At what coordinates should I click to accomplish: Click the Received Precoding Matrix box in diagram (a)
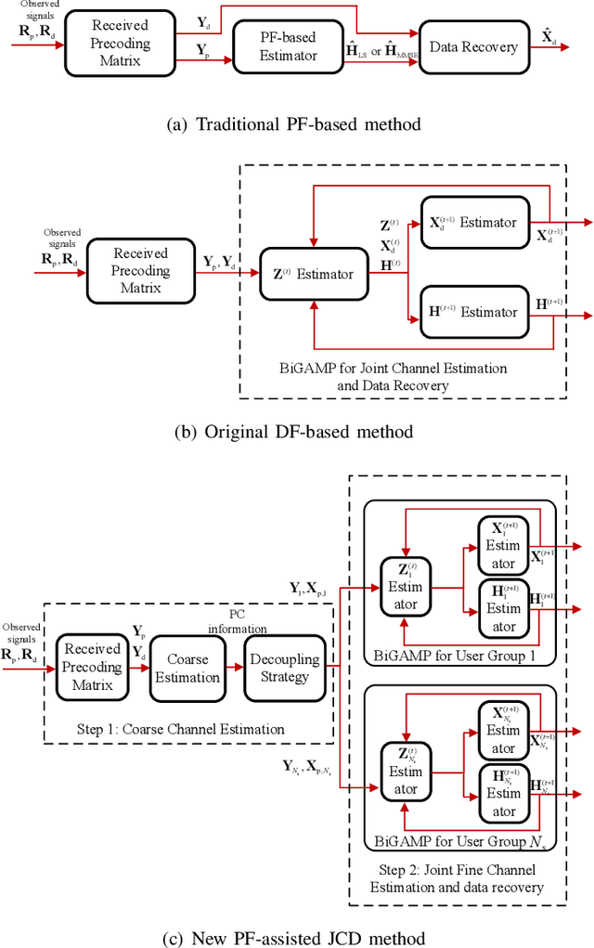[120, 43]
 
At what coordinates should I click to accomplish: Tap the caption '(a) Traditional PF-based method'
[296, 124]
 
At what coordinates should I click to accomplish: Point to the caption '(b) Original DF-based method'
[296, 431]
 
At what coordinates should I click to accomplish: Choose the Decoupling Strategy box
[283, 669]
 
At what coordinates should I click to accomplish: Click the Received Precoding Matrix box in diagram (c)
[93, 668]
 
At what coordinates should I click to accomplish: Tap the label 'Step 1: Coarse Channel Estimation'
[180, 729]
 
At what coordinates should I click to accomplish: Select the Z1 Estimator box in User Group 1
[405, 587]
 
